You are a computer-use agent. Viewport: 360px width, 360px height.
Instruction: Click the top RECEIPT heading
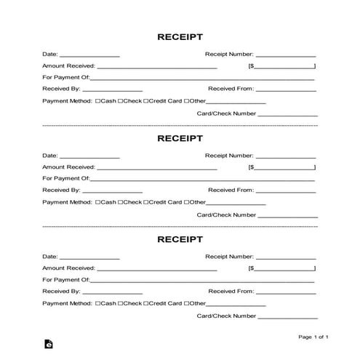click(x=180, y=36)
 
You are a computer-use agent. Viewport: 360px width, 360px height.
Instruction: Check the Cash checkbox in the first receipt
click(x=98, y=101)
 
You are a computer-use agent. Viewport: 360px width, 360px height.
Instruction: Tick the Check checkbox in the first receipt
click(x=120, y=101)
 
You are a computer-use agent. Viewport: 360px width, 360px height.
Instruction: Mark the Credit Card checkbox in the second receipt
click(x=145, y=201)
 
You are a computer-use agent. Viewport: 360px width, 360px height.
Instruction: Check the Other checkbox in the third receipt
click(x=186, y=303)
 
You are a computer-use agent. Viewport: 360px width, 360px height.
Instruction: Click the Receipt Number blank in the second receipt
click(x=286, y=157)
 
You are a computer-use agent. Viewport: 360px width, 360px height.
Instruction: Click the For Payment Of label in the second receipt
click(x=65, y=178)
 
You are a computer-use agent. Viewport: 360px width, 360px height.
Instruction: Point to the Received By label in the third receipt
click(x=60, y=290)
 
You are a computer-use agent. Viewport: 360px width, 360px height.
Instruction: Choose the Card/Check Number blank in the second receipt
click(x=288, y=216)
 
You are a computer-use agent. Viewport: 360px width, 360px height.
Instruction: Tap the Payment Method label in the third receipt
click(x=68, y=303)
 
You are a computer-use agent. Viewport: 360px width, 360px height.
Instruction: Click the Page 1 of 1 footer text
click(x=313, y=337)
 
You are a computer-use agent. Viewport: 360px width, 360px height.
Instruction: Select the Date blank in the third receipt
click(x=89, y=257)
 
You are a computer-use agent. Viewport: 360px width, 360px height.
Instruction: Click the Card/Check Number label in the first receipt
click(x=226, y=114)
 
